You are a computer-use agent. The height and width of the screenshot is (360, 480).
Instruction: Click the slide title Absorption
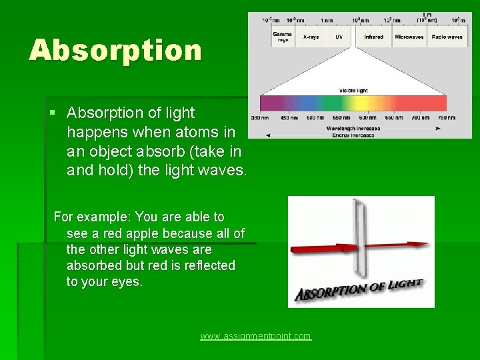[115, 51]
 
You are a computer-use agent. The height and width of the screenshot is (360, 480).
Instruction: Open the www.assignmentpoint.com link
[255, 336]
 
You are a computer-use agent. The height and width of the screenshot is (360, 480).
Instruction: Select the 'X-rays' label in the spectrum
[311, 37]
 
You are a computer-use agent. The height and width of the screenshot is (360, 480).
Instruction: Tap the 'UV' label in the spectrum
[339, 37]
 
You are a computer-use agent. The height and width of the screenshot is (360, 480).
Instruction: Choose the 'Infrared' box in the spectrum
[373, 37]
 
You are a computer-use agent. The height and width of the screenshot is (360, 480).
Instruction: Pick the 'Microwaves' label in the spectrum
[409, 37]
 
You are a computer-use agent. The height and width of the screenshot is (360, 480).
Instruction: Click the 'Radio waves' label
[447, 37]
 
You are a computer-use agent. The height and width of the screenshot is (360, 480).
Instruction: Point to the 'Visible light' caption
[353, 90]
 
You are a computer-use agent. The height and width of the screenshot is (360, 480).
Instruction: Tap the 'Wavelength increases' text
[353, 127]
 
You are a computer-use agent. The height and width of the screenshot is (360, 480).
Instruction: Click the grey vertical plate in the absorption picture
[361, 240]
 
